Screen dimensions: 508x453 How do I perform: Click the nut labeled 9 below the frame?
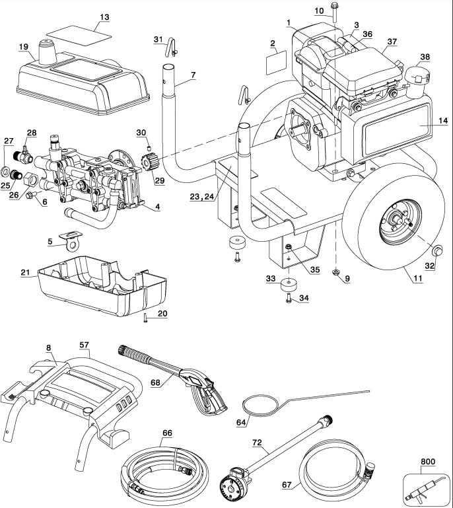tap(336, 272)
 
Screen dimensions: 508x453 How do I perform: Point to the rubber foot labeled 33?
tap(288, 285)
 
